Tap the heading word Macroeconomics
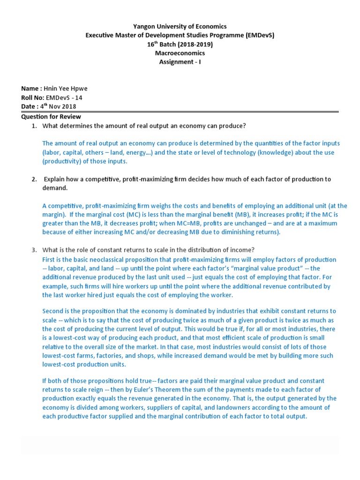point(180,53)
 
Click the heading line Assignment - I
point(180,62)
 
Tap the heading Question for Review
point(51,117)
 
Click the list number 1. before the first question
point(34,126)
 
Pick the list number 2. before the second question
point(34,179)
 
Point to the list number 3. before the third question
point(34,250)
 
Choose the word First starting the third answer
point(49,259)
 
